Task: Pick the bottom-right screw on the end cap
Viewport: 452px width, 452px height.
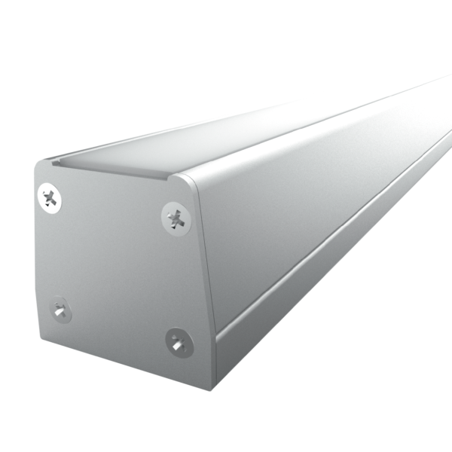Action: point(178,342)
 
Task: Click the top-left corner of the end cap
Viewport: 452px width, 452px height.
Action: point(37,167)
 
